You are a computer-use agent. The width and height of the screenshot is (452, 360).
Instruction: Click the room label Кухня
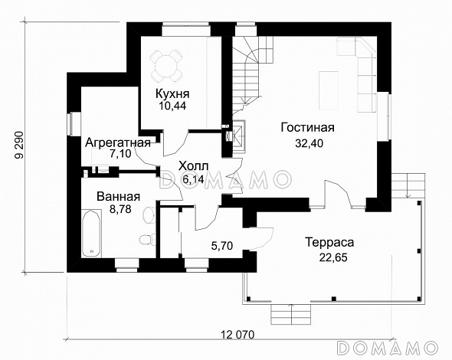point(172,93)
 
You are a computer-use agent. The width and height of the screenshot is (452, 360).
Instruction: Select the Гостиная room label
point(308,128)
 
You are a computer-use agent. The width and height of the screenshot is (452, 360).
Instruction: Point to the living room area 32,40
point(308,142)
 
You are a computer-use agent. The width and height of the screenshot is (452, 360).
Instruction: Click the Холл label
point(192,165)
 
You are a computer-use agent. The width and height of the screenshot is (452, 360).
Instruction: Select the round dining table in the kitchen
point(168,66)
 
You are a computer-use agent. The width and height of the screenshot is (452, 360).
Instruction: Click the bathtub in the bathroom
point(91,234)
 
